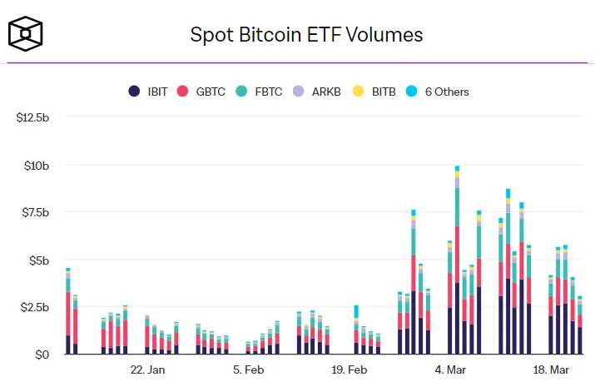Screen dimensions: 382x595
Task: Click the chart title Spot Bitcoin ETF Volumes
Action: click(x=306, y=34)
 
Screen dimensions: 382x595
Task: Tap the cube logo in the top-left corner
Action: click(x=26, y=33)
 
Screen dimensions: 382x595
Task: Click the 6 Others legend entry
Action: click(x=437, y=92)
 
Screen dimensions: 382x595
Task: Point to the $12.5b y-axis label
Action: click(x=33, y=117)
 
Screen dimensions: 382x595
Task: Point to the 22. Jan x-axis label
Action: click(x=147, y=369)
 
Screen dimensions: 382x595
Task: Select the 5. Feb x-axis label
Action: click(x=249, y=369)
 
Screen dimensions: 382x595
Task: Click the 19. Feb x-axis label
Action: click(x=350, y=369)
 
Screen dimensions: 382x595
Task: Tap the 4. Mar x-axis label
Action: click(x=450, y=369)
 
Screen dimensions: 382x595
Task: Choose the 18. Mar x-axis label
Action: click(x=551, y=369)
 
